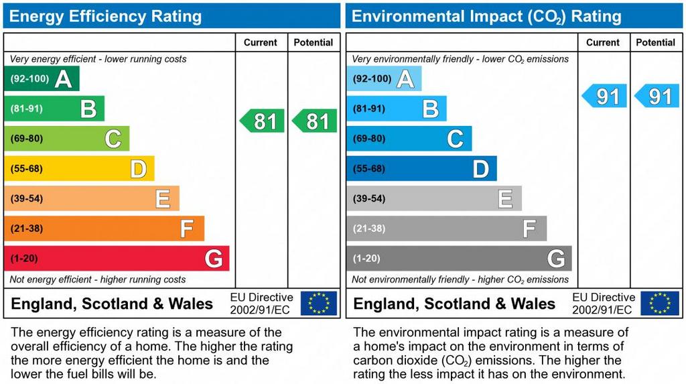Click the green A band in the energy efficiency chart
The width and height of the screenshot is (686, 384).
coord(42,78)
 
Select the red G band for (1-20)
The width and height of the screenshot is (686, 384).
coord(117,259)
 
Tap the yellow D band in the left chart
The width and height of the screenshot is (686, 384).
coord(79,168)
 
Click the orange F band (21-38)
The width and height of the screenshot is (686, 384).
coord(104,229)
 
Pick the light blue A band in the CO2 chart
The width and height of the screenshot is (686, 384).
coord(384,78)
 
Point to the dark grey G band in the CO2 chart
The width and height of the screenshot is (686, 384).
coord(459,259)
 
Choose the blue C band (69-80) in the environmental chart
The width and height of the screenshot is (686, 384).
coord(409,139)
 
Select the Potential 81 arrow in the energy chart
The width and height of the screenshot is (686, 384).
coord(315,121)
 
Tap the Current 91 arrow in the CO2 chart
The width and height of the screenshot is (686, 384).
coord(605,96)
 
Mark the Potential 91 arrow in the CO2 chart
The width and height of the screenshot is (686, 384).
coord(657,96)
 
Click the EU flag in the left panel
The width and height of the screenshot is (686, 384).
coord(319,303)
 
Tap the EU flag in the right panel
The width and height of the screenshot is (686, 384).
coord(660,303)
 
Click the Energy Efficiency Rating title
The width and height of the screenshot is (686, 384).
coord(105,16)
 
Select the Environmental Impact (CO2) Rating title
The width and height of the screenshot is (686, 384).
coord(486,16)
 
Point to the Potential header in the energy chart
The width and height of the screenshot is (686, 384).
coord(314,42)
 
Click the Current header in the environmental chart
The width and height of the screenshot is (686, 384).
coord(603,42)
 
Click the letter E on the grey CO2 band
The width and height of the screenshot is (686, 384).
coord(505,199)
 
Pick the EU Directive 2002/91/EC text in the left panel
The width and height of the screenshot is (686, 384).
coord(261,303)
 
